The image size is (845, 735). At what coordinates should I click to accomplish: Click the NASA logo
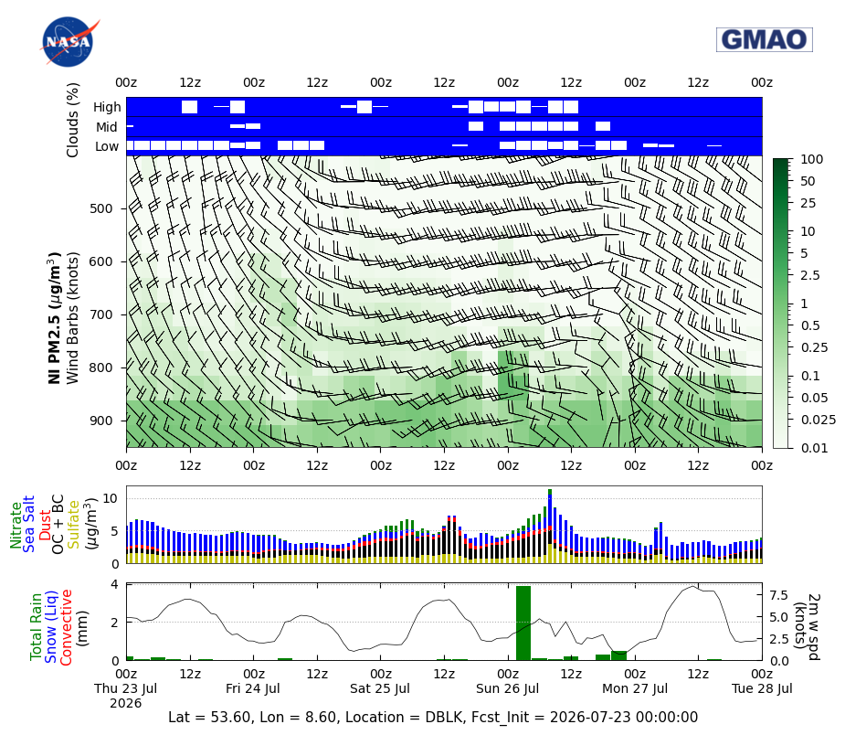[69, 41]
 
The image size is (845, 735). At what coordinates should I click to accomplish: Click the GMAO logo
[765, 39]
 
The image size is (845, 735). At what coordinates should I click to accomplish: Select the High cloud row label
[107, 107]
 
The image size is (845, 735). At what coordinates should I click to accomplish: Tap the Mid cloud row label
[107, 127]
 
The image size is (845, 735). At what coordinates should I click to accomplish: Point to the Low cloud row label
[107, 146]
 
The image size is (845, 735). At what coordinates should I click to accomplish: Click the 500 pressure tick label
[100, 208]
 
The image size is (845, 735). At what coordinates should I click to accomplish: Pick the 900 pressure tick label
[100, 421]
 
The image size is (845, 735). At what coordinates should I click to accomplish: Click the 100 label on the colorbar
[811, 159]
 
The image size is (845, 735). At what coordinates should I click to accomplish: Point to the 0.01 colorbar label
[814, 448]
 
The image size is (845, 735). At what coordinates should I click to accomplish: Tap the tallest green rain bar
[523, 623]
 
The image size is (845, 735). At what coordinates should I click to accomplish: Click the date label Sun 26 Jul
[508, 688]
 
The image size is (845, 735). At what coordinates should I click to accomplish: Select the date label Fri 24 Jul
[253, 688]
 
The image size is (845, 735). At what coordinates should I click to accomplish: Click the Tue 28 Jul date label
[762, 688]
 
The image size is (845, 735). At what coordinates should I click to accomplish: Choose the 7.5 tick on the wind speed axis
[778, 595]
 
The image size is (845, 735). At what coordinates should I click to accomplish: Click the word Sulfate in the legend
[74, 525]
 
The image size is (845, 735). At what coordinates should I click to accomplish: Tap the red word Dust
[46, 524]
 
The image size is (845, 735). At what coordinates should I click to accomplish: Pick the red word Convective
[66, 628]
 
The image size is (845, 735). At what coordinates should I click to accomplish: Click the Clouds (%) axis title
[72, 120]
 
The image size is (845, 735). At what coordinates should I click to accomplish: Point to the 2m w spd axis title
[813, 626]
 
